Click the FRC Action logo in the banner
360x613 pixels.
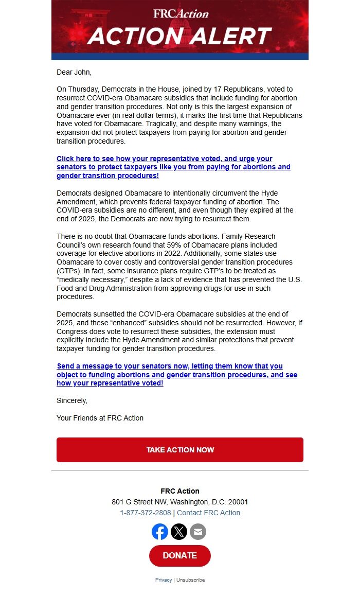tap(181, 14)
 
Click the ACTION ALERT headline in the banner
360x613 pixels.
tap(179, 37)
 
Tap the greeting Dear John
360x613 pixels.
tap(74, 73)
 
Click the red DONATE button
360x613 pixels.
tap(180, 556)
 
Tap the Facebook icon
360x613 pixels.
tap(160, 532)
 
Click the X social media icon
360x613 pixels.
tap(179, 532)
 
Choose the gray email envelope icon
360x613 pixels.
tap(198, 532)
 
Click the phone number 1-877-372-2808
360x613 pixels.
tap(146, 513)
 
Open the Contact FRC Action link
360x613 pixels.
tap(208, 513)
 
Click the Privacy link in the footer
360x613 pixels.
tap(164, 580)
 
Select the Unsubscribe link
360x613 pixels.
tap(191, 580)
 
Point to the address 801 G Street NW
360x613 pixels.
tap(179, 502)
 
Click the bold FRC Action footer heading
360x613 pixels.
tap(180, 491)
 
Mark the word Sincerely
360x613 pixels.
tap(72, 400)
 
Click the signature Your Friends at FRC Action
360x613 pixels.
tap(100, 418)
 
